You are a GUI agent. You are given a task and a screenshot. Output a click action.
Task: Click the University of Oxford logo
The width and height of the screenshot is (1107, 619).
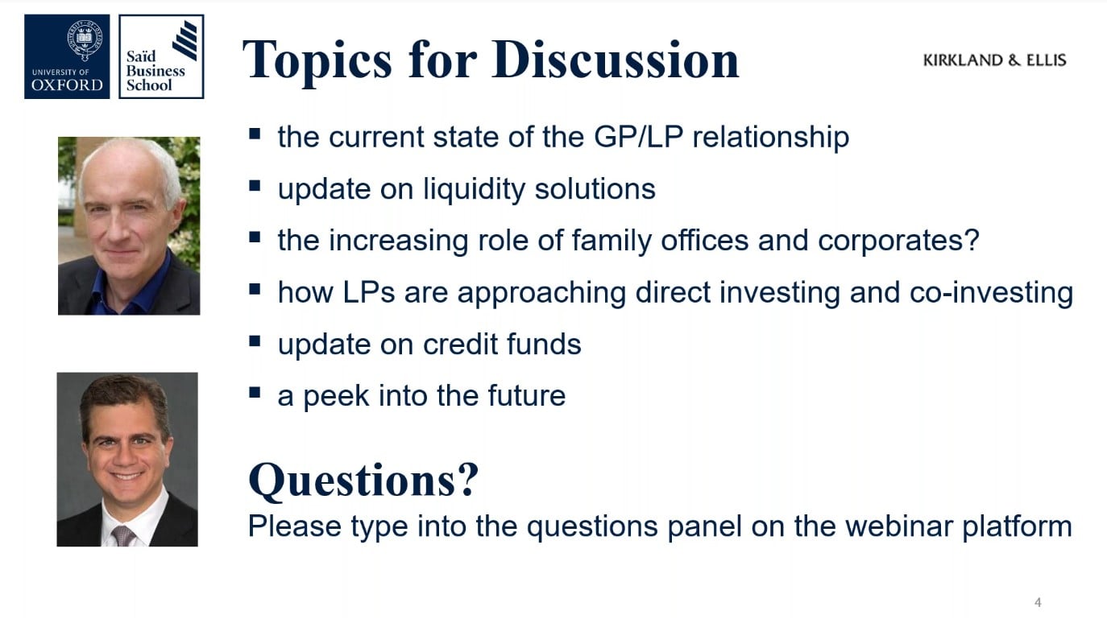pyautogui.click(x=67, y=56)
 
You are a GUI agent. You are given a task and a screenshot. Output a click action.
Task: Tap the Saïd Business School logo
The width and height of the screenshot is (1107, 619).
pyautogui.click(x=161, y=56)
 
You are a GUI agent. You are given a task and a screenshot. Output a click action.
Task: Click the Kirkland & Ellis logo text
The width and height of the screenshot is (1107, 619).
pyautogui.click(x=994, y=60)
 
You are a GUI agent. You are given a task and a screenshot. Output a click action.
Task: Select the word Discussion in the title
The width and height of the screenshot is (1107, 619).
pyautogui.click(x=615, y=60)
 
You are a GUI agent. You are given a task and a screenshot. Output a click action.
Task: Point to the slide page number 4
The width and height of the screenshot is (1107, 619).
pyautogui.click(x=1038, y=602)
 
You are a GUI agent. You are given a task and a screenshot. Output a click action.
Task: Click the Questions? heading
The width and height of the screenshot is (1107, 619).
pyautogui.click(x=363, y=480)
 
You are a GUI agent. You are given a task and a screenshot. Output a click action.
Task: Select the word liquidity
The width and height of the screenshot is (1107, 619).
pyautogui.click(x=474, y=189)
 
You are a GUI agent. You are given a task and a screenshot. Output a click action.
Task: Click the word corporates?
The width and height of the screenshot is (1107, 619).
pyautogui.click(x=898, y=241)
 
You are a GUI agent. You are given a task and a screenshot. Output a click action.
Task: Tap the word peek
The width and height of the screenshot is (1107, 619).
pyautogui.click(x=336, y=396)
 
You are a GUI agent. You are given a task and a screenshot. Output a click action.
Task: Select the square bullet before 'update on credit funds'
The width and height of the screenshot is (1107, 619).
pyautogui.click(x=255, y=341)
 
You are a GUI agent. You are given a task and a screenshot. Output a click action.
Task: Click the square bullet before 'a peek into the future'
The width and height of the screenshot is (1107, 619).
pyautogui.click(x=255, y=393)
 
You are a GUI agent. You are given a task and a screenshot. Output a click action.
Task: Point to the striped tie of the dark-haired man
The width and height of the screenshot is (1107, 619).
pyautogui.click(x=122, y=536)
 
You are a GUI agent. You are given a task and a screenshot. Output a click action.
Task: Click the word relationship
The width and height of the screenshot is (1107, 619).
pyautogui.click(x=770, y=137)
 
